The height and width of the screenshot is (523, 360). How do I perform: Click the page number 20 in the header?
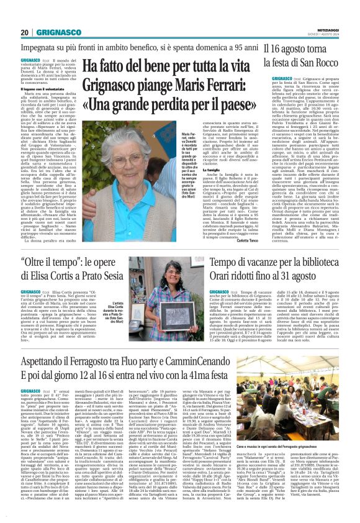pos(24,32)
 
